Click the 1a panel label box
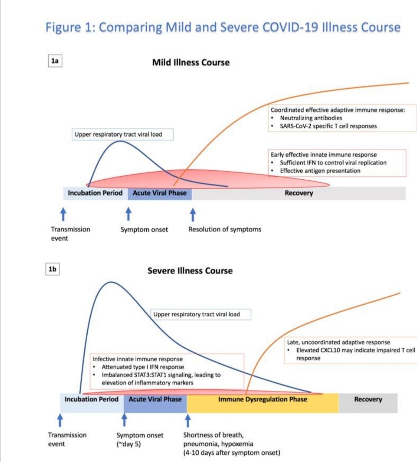55,61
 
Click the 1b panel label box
52,269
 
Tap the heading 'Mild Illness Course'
191,62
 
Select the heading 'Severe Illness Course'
190,271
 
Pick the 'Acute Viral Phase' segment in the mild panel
159,193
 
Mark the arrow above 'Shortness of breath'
188,420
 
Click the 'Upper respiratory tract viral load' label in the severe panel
197,314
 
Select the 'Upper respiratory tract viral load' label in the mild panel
118,135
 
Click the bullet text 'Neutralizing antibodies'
311,118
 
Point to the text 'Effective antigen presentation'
320,171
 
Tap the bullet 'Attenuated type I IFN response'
142,367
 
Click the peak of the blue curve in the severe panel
111,282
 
